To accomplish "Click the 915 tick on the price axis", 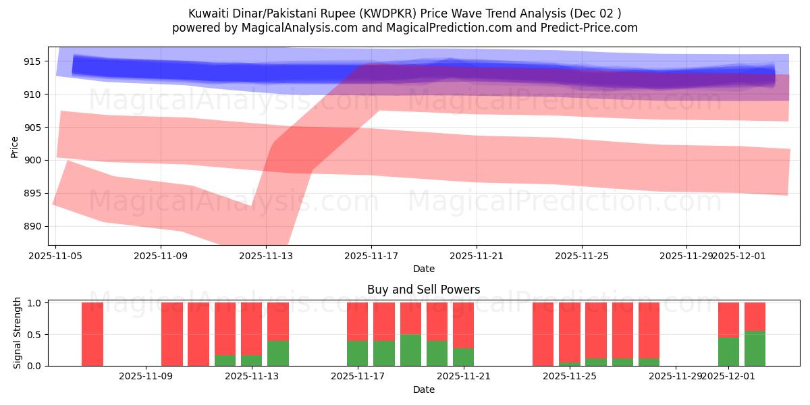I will tap(32, 61).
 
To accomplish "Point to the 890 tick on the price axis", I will tap(32, 226).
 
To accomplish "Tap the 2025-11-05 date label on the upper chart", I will tap(56, 256).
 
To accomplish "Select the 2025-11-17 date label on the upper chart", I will tap(371, 256).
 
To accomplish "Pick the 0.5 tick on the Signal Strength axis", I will tap(34, 335).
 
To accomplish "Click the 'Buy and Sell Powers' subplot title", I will tap(423, 290).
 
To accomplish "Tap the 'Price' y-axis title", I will tap(15, 146).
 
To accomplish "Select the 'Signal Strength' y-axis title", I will tap(18, 333).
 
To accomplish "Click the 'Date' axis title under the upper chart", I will tap(423, 269).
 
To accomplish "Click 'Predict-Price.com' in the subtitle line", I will tap(587, 28).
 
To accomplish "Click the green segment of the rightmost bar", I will tap(755, 348).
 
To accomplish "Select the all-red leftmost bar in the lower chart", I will tap(92, 334).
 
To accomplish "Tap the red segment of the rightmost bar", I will tap(755, 317).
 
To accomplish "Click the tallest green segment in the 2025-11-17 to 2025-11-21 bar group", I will tap(410, 350).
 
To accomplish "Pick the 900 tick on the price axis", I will tap(32, 160).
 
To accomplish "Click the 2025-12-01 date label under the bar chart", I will tap(728, 377).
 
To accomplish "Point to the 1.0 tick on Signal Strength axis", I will tap(34, 303).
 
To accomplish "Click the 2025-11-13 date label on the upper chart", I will tap(266, 256).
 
